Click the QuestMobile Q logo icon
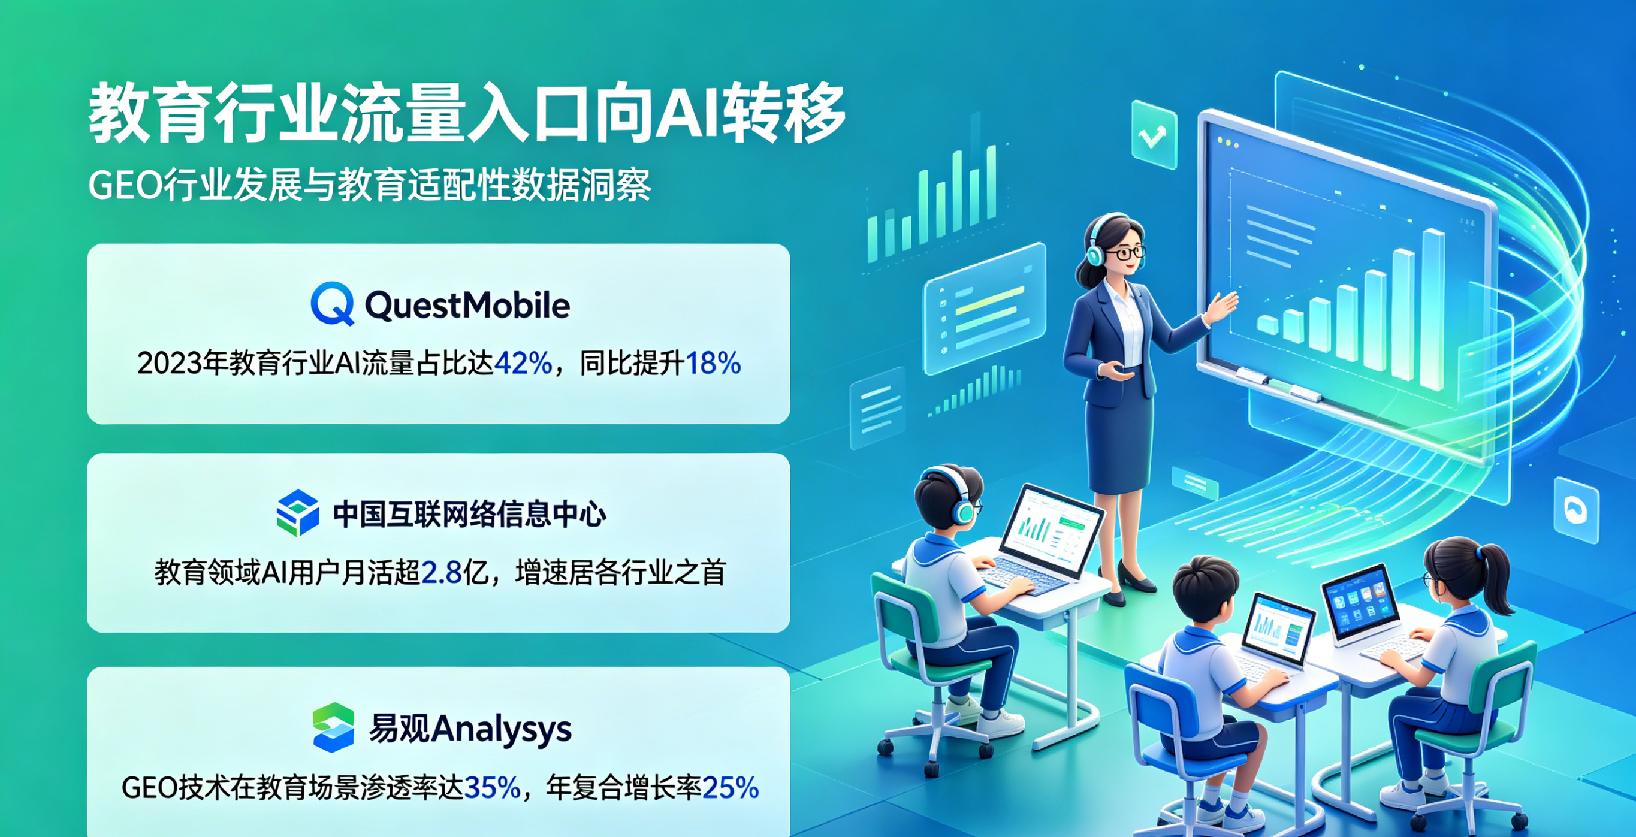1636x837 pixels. (x=332, y=304)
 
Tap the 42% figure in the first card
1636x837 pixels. (x=523, y=363)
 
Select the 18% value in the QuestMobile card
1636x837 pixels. (x=713, y=363)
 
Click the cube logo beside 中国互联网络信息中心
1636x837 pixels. (x=297, y=512)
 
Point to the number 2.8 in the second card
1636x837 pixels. (x=442, y=572)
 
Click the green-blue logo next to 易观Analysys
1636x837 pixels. (x=333, y=727)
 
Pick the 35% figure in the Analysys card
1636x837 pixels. (x=492, y=787)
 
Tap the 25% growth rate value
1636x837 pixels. (x=731, y=787)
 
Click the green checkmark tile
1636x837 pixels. (x=1154, y=135)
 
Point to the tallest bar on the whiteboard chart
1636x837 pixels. (x=1433, y=310)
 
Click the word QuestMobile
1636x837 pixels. (x=467, y=305)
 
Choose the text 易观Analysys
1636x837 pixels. (x=470, y=729)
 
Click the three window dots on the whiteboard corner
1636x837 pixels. (x=1227, y=143)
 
